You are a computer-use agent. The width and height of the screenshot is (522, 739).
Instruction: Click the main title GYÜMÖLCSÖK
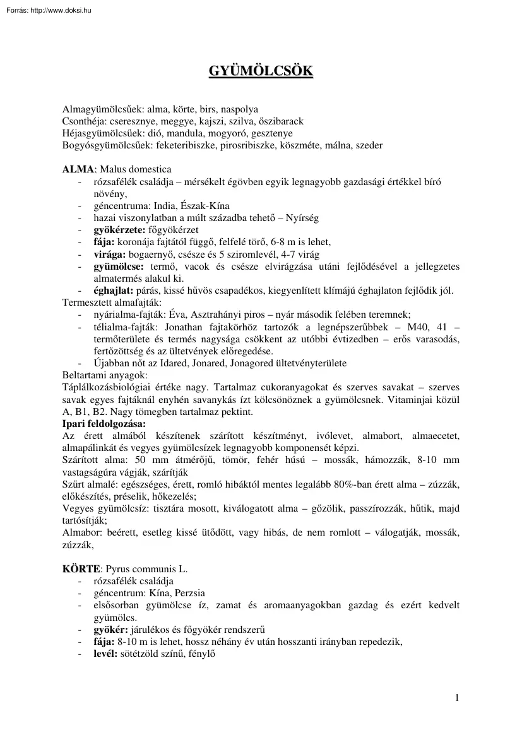261,71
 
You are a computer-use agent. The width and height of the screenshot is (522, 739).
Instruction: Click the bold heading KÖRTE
81,568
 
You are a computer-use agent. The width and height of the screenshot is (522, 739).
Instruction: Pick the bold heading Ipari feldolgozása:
104,423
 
